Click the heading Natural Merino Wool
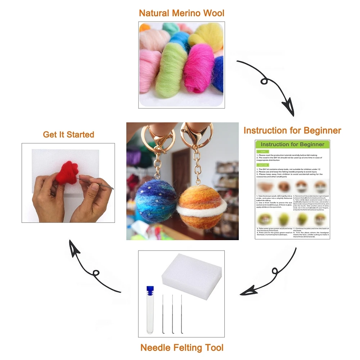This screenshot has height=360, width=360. pyautogui.click(x=181, y=13)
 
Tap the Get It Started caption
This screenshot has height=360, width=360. pyautogui.click(x=68, y=135)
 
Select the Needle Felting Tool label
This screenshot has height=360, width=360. pyautogui.click(x=182, y=348)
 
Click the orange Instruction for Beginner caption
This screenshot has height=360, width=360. pyautogui.click(x=292, y=130)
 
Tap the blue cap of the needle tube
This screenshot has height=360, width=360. pyautogui.click(x=150, y=290)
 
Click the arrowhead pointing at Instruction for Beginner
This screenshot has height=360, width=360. pyautogui.click(x=289, y=107)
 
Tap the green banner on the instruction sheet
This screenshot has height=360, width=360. pyautogui.click(x=292, y=144)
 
